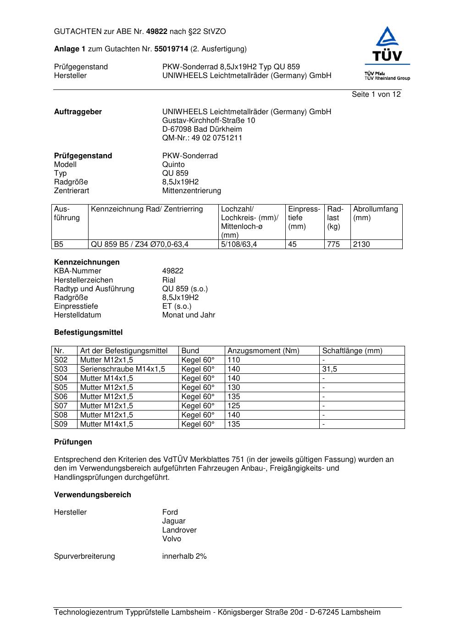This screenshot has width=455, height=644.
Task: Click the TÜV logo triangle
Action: pyautogui.click(x=388, y=37)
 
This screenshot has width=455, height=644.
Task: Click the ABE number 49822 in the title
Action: pyautogui.click(x=156, y=32)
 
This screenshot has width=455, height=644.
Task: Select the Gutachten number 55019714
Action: pyautogui.click(x=171, y=49)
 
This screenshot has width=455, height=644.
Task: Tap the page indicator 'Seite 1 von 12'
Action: pyautogui.click(x=376, y=94)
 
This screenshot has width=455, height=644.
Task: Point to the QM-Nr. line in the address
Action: pyautogui.click(x=202, y=138)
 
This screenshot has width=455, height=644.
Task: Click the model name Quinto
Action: pyautogui.click(x=173, y=165)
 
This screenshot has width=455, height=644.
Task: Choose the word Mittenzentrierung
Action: pyautogui.click(x=191, y=191)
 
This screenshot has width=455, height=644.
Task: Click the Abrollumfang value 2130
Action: pyautogui.click(x=361, y=244)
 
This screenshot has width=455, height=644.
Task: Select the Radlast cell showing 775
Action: pyautogui.click(x=333, y=244)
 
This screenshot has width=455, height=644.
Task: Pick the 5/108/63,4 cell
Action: pyautogui.click(x=239, y=244)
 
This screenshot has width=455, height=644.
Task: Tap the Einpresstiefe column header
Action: pyautogui.click(x=304, y=217)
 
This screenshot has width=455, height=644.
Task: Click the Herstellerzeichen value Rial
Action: pyautogui.click(x=169, y=280)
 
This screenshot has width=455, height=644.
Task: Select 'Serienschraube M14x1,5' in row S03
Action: pyautogui.click(x=122, y=369)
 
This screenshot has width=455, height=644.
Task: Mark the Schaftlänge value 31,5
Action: pyautogui.click(x=329, y=369)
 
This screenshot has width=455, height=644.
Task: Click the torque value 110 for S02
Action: pyautogui.click(x=234, y=360)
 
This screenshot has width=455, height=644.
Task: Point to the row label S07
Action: pyautogui.click(x=61, y=406)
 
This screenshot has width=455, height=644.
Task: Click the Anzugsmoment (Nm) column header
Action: pyautogui.click(x=263, y=351)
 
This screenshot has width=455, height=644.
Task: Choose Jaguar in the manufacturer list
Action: pyautogui.click(x=174, y=521)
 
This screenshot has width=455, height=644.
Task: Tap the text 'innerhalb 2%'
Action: pyautogui.click(x=184, y=556)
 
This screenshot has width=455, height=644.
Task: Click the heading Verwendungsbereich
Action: pyautogui.click(x=93, y=495)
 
